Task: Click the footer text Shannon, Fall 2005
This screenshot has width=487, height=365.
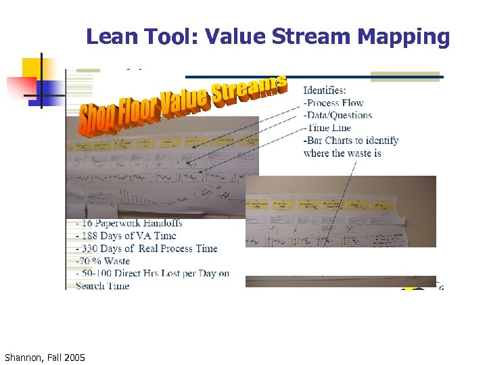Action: [x=45, y=356]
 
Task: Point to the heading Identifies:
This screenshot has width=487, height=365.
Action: [x=325, y=90]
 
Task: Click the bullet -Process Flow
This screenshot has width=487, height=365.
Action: [x=333, y=103]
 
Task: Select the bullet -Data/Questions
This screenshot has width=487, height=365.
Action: [x=338, y=115]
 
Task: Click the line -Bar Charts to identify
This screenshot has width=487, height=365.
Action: [x=351, y=141]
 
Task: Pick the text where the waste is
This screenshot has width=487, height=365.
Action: [x=342, y=153]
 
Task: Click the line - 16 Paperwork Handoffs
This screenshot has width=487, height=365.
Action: [x=129, y=223]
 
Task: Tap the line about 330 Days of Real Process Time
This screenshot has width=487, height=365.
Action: [x=147, y=248]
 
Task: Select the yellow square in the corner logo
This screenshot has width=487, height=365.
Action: [x=32, y=68]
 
